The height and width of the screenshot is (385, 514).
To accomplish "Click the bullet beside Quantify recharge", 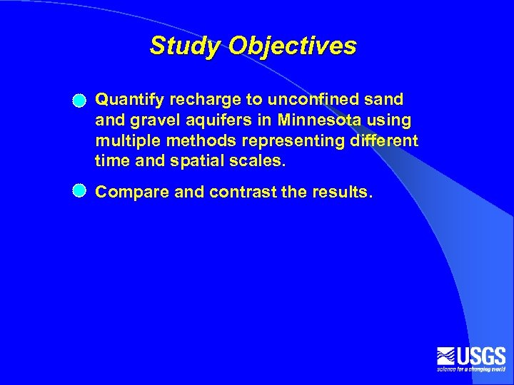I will (x=79, y=101).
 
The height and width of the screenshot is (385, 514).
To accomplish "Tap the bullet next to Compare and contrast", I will (x=79, y=190).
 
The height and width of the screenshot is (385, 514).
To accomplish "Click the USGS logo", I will (x=471, y=359).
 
